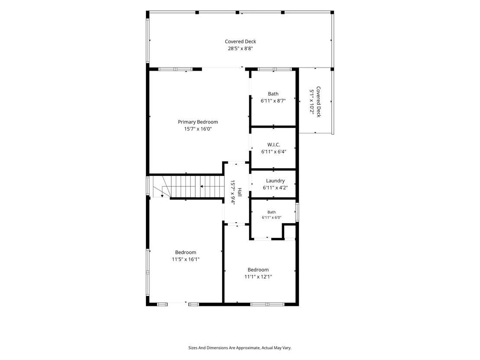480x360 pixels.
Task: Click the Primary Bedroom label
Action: point(198,122)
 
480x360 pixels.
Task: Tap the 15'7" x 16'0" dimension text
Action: point(198,129)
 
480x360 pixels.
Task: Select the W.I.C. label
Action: point(274,145)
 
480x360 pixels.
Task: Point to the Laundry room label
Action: point(275,181)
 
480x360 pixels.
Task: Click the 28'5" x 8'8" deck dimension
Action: point(240,49)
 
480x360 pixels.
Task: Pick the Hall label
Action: point(240,192)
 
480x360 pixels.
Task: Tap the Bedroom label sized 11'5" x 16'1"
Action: point(185,252)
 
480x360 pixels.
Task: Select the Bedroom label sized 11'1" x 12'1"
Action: point(258,270)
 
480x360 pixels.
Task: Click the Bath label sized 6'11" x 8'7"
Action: point(273,94)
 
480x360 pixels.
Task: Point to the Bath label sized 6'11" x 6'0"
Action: point(272,212)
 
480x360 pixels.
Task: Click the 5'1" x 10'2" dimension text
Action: point(311,102)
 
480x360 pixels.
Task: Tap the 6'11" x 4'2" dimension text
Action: point(275,188)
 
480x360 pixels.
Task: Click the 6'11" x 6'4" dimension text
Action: point(274,152)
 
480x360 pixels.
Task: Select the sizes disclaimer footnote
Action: point(240,348)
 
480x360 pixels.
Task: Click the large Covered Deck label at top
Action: point(240,41)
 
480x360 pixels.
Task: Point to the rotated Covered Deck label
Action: point(318,102)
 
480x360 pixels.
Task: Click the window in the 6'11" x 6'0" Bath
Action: point(297,212)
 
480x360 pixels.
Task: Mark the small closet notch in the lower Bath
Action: point(289,232)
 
